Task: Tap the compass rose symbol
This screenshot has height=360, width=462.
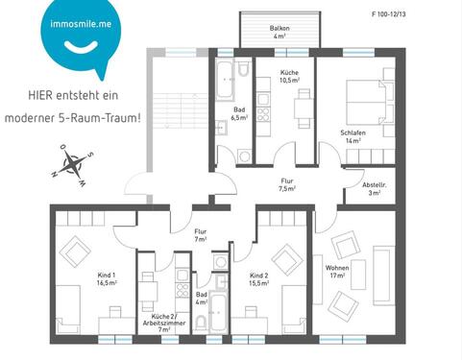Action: click(71, 163)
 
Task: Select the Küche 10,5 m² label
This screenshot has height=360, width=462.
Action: click(289, 78)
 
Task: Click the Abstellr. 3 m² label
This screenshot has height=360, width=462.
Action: click(375, 188)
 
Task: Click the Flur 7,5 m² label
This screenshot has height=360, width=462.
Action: click(286, 185)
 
